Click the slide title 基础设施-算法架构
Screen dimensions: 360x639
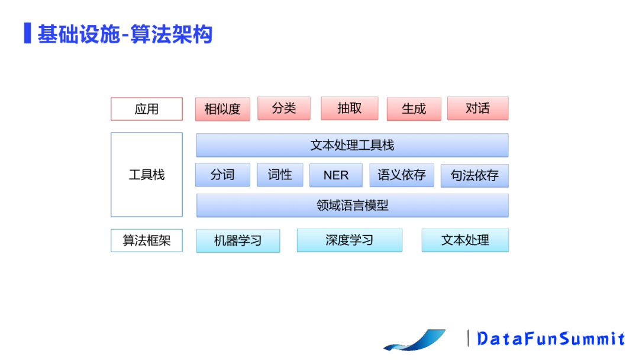[125, 34]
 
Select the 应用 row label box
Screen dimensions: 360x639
[147, 109]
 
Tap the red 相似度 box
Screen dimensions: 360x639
[222, 109]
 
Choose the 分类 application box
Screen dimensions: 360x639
[284, 108]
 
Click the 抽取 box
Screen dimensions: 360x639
[349, 108]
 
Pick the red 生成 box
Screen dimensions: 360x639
[414, 109]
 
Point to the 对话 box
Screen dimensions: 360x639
[477, 108]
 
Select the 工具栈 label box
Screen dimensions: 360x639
[147, 175]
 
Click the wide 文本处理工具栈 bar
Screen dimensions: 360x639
[352, 145]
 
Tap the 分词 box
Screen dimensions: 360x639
[222, 175]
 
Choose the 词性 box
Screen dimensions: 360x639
[280, 175]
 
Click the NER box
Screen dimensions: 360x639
[336, 175]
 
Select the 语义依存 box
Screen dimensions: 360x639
[402, 175]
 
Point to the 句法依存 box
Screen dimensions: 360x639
[475, 175]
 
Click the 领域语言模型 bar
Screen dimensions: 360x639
[352, 205]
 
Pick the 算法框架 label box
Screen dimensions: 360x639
[147, 240]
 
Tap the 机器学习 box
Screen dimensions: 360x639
[238, 240]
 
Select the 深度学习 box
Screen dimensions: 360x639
[349, 240]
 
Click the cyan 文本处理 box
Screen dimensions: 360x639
[465, 240]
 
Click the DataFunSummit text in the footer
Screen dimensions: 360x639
[551, 339]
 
